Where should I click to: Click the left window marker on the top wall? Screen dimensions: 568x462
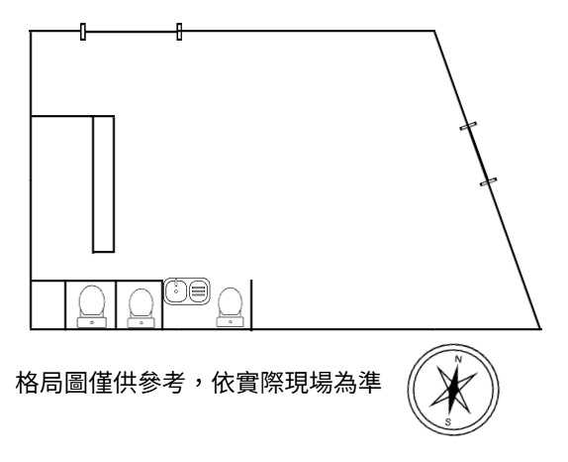(83, 32)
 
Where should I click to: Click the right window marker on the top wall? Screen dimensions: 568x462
(179, 32)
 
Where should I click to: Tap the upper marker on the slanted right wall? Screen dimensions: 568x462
(468, 126)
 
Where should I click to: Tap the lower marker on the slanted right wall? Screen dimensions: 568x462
(488, 181)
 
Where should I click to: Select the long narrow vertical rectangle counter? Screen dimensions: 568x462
(104, 183)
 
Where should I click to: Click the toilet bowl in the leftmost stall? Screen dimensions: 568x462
(92, 300)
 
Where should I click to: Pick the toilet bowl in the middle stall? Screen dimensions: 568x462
(141, 302)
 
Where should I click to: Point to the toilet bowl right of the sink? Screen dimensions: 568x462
(230, 302)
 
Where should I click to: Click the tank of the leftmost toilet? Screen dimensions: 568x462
(92, 322)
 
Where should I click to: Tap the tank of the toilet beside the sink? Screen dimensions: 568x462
(230, 321)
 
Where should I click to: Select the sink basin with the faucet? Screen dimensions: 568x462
(176, 291)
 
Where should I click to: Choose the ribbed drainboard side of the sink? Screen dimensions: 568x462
(199, 290)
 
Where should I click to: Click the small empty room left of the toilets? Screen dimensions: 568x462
(48, 304)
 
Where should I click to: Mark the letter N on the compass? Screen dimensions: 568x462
(458, 359)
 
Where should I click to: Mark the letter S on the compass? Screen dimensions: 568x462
(448, 422)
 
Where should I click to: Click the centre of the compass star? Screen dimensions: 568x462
(453, 391)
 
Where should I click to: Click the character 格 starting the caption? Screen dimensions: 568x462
(27, 383)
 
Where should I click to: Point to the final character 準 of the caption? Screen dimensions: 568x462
(370, 383)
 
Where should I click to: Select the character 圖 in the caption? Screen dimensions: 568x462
(76, 383)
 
